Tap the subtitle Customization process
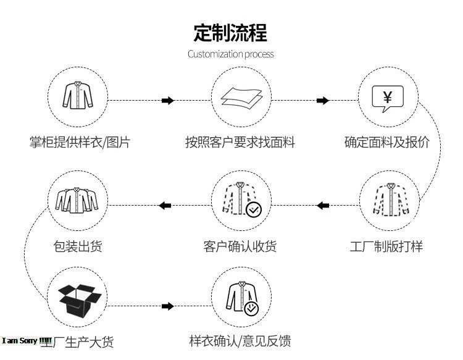pos(231,54)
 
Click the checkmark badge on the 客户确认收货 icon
pos(254,210)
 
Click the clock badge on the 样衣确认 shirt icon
pos(252,308)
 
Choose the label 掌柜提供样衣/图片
pos(80,143)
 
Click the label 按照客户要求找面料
pos(240,143)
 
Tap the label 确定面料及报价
pos(387,143)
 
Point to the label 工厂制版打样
pos(386,246)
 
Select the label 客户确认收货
pos(240,246)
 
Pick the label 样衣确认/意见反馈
pos(240,340)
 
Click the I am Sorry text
pos(27,341)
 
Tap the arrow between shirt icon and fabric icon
pos(167,100)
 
